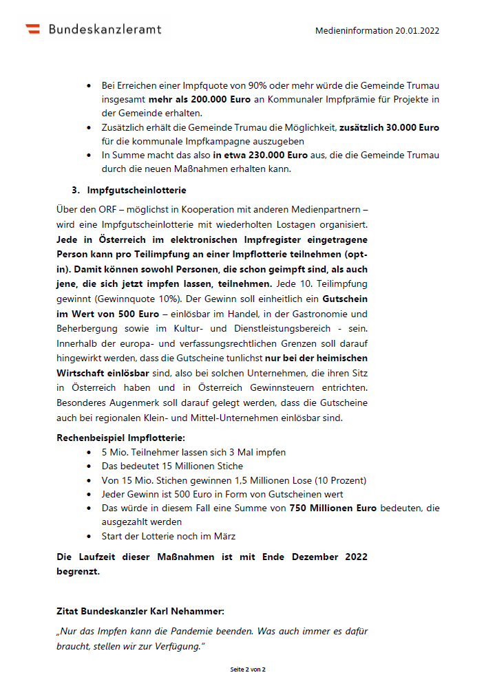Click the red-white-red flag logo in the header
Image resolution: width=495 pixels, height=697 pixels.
point(32,29)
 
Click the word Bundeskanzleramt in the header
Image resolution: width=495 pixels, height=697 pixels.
point(105,29)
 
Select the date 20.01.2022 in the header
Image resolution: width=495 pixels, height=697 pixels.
point(417,31)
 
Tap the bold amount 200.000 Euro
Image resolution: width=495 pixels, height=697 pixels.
point(213,99)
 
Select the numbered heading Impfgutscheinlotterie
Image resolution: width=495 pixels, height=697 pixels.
point(136,190)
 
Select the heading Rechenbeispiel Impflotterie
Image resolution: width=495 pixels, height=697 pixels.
point(120,438)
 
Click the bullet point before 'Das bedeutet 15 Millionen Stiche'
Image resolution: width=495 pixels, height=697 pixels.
point(89,467)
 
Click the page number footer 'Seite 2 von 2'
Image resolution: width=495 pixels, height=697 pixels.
point(248,669)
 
